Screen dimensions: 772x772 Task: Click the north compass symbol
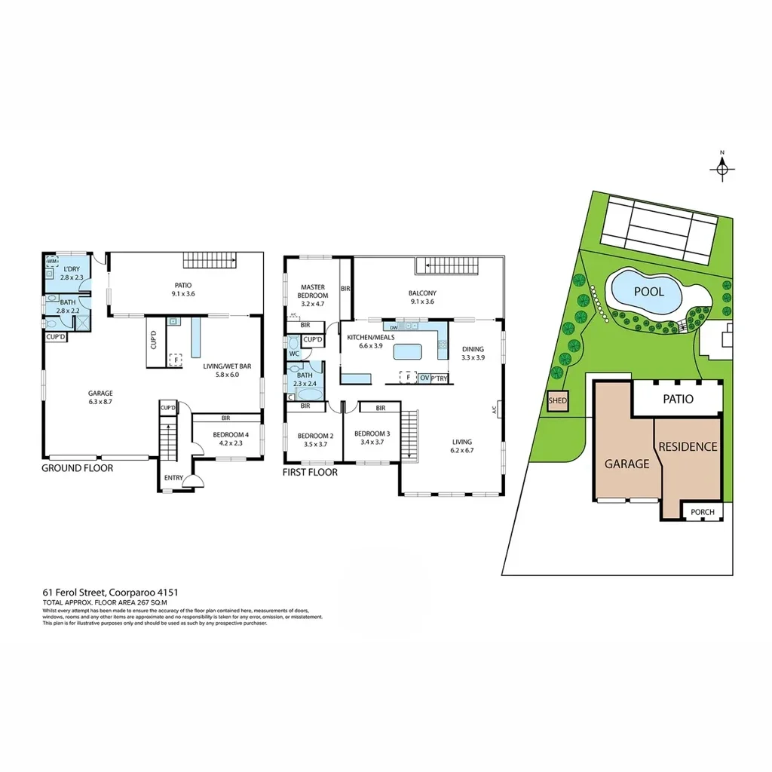click(x=722, y=168)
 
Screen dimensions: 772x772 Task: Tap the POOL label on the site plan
click(x=648, y=291)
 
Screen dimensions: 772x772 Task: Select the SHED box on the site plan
click(x=558, y=401)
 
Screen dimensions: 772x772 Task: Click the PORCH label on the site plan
click(x=703, y=513)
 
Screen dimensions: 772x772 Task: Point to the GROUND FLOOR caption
click(x=78, y=468)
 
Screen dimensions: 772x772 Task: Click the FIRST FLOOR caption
click(x=310, y=473)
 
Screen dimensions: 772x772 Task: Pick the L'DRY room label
click(x=72, y=269)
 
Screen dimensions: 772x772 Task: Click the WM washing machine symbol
click(x=52, y=262)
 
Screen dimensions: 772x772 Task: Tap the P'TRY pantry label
click(x=439, y=378)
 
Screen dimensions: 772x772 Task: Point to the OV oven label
click(x=424, y=378)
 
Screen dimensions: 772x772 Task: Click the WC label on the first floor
click(x=294, y=353)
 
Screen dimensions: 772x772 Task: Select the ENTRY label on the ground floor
click(x=173, y=478)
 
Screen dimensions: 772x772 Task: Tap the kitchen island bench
click(x=408, y=352)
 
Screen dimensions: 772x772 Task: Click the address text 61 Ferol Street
click(x=109, y=593)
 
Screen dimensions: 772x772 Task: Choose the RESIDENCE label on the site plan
click(x=688, y=446)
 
